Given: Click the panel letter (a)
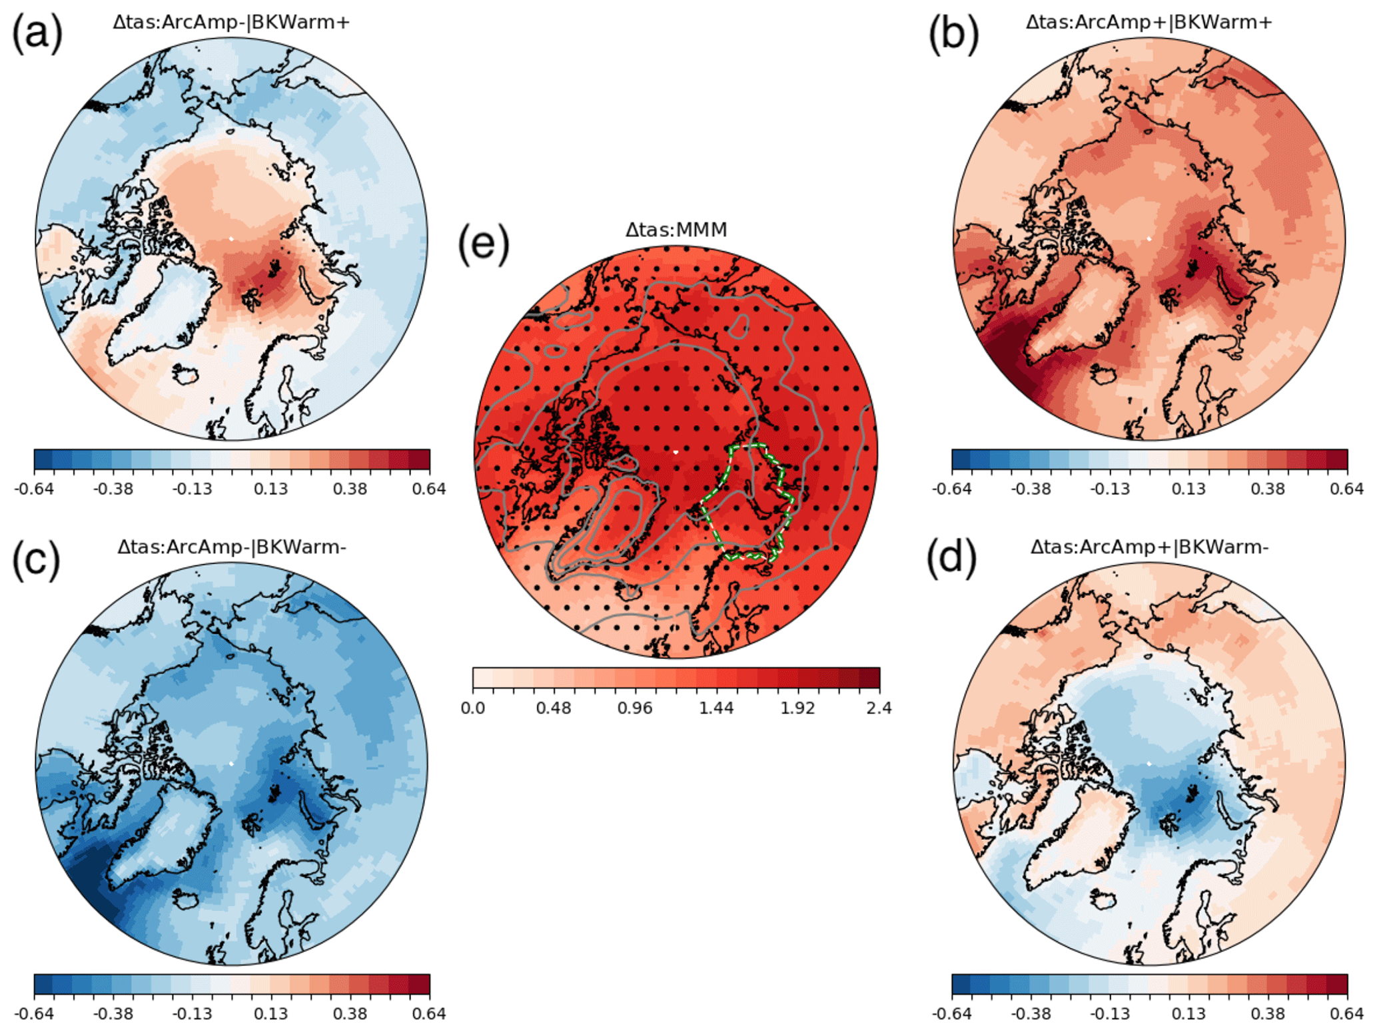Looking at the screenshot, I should coord(37,33).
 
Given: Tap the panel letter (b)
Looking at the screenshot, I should coord(954,33).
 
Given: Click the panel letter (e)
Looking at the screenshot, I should coord(484,244).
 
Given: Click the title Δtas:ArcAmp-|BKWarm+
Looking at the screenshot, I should coord(231,22).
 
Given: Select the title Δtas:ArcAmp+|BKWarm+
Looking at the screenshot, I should coord(1148,22).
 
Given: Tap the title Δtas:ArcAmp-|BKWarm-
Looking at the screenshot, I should coord(231,547).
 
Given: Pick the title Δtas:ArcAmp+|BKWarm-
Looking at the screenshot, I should coord(1148,547).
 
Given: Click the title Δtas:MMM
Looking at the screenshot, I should coord(676,230).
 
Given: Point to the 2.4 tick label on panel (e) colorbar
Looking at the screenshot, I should coord(879,708).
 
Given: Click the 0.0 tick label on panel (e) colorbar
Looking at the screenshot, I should coord(473,708).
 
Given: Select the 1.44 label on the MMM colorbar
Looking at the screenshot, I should coord(716,708).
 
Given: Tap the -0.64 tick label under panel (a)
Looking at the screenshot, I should coord(33,489).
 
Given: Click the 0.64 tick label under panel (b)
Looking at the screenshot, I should coord(1346,489).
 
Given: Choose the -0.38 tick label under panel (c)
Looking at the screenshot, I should coord(113,1014).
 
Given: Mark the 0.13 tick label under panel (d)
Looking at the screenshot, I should coord(1188,1014).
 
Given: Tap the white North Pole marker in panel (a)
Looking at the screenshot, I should coord(231,238).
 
